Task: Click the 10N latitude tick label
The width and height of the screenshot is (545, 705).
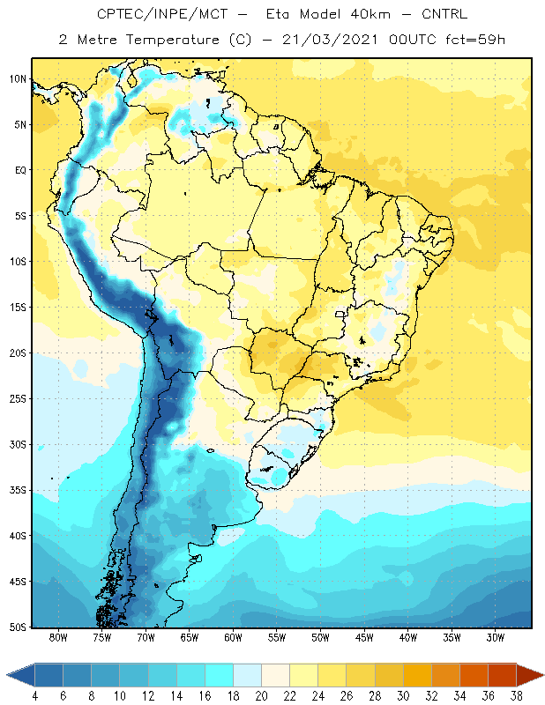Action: tap(18, 79)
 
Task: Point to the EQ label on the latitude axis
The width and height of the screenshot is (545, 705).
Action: tap(20, 170)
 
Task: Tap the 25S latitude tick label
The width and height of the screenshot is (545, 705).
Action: tap(18, 399)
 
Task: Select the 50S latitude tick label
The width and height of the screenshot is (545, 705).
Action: tap(18, 627)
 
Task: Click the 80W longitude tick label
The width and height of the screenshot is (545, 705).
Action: tap(58, 637)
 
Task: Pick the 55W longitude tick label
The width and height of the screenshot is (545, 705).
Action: tap(277, 637)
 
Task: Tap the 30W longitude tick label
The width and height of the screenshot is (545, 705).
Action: tap(496, 637)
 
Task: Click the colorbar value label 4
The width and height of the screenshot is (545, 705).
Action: tap(35, 696)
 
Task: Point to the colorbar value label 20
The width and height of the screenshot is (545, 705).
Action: tap(261, 696)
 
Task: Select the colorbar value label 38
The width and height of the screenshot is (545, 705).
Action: tap(516, 696)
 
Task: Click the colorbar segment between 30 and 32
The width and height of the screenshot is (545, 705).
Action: tap(417, 675)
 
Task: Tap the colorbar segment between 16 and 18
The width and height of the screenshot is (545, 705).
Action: tap(220, 675)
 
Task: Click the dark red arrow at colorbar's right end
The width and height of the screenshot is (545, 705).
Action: tap(529, 675)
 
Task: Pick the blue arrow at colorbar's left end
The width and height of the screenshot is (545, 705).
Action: tap(20, 675)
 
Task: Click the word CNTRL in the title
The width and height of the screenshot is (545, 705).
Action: tap(444, 14)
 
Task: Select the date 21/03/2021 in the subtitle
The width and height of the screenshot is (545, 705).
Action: tap(330, 40)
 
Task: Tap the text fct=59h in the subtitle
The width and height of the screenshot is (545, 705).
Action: tap(475, 40)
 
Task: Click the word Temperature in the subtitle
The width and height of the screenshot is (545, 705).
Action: tap(172, 41)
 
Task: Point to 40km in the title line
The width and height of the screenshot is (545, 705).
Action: tap(370, 14)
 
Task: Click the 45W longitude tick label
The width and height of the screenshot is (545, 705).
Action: tap(364, 637)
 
